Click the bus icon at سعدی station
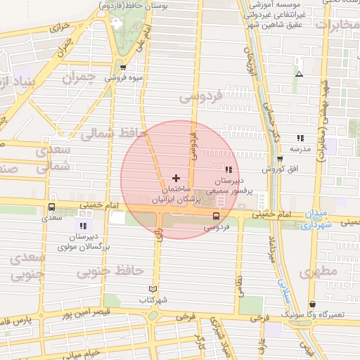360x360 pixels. coord(51,207)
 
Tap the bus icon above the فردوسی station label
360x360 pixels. coord(216,216)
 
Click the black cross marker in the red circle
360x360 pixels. coord(176,178)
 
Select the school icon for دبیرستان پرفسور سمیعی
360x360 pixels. coord(229,169)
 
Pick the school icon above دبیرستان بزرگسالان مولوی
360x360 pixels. coord(83,226)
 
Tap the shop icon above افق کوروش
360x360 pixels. coord(279,159)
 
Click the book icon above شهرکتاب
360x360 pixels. coord(154,289)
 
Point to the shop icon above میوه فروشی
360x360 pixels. coord(124,68)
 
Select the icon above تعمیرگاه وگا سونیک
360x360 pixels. coord(312,304)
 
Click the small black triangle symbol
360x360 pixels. coord(299,74)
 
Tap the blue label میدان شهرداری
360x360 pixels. coord(316,219)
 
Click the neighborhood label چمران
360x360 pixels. coord(77,78)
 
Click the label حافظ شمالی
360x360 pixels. coord(113,133)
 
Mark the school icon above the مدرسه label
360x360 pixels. coord(300,139)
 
